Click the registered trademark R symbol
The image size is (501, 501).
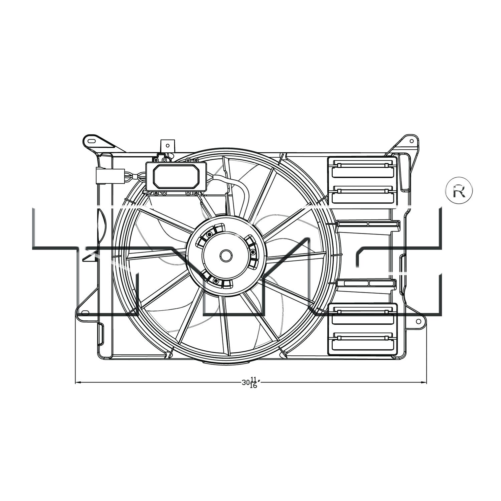point(459,190)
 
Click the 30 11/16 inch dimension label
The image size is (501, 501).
point(251,382)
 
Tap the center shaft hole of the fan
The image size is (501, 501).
point(226,256)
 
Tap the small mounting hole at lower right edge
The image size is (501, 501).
point(418,321)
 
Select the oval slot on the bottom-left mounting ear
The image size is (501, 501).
point(86,313)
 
